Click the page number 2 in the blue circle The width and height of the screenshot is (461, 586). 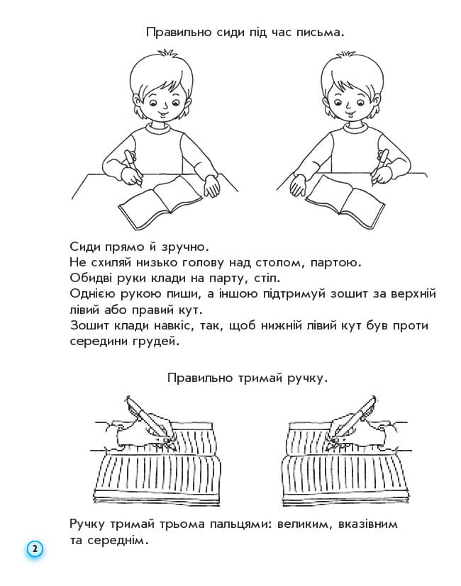point(34,549)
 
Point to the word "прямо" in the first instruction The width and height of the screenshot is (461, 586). point(121,247)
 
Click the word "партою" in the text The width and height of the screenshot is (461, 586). point(333,263)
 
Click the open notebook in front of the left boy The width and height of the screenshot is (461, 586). point(160,196)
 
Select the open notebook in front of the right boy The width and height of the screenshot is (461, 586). point(346,196)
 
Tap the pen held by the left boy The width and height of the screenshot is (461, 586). point(133,167)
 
